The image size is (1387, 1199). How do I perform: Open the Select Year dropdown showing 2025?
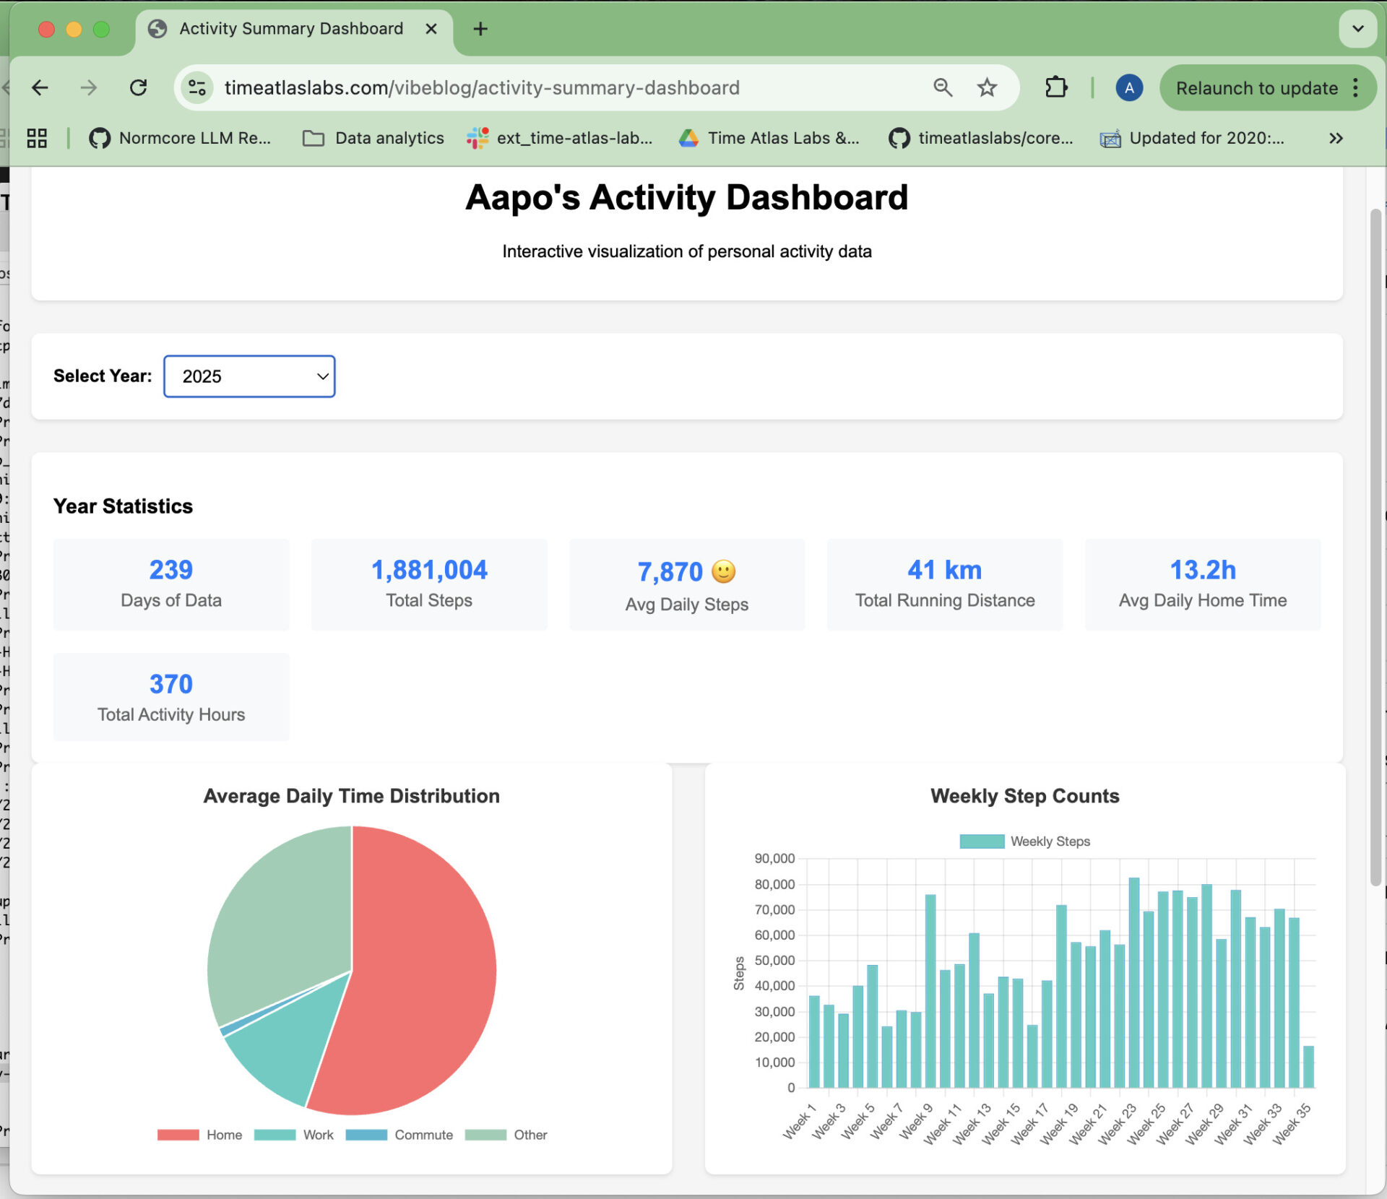[249, 376]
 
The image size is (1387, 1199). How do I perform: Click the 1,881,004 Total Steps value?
[429, 570]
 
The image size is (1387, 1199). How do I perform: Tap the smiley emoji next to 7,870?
[723, 571]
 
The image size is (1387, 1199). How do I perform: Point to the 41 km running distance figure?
[944, 570]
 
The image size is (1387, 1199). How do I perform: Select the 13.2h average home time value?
[1202, 570]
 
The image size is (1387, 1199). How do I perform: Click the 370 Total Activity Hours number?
[171, 684]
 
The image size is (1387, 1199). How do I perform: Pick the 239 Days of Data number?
[171, 570]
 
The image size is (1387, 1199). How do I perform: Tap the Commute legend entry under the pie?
[423, 1135]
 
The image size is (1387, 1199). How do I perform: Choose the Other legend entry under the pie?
[530, 1135]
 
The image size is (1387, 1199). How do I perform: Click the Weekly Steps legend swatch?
[982, 841]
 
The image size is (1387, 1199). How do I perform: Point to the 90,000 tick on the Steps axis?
[774, 859]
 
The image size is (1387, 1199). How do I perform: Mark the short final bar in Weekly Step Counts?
[1308, 1067]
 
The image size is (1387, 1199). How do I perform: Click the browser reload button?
[138, 88]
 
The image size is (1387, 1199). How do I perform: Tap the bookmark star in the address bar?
[987, 88]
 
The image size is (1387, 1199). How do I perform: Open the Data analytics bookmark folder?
[373, 138]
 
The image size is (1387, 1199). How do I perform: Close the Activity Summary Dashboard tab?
[431, 29]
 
